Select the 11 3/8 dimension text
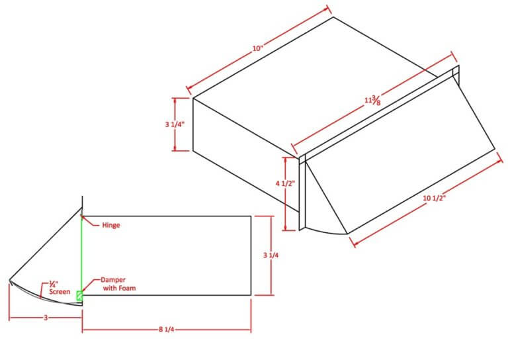[372, 101]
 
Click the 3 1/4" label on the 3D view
[175, 124]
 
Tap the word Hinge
[111, 225]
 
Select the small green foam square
[79, 296]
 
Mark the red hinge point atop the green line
[81, 216]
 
